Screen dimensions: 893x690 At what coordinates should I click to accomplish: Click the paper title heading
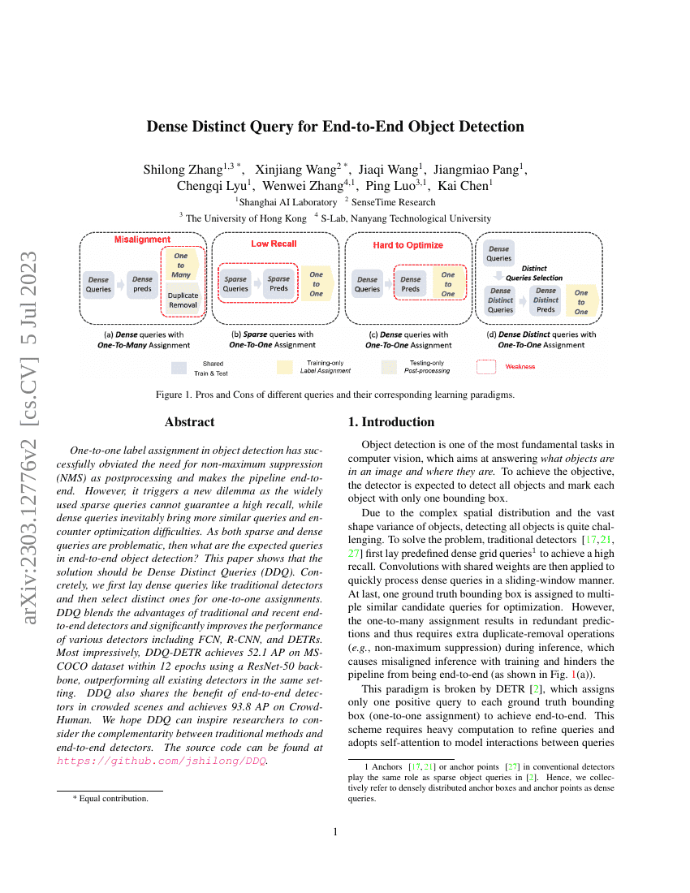[335, 127]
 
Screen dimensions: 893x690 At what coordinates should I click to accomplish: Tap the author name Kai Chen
[465, 185]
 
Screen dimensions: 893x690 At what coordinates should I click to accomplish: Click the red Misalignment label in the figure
[142, 240]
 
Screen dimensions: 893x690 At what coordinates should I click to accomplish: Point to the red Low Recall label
[274, 244]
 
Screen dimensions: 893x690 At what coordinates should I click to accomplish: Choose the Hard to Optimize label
[408, 244]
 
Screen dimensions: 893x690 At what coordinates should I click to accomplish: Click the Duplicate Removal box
[183, 300]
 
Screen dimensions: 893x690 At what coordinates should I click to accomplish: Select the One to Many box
[181, 265]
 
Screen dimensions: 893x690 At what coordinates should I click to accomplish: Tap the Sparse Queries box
[235, 284]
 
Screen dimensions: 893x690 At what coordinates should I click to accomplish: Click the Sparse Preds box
[278, 284]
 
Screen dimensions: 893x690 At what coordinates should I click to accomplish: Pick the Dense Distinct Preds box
[546, 300]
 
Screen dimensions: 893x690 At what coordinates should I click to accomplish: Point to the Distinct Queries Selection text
[533, 273]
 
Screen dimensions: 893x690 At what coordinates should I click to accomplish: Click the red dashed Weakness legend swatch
[486, 367]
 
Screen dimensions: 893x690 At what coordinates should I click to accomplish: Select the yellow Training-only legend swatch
[284, 367]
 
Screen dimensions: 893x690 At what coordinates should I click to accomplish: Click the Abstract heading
[190, 422]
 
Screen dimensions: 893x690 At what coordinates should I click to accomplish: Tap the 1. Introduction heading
[391, 422]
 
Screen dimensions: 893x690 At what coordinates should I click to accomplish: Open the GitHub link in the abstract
[162, 761]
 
